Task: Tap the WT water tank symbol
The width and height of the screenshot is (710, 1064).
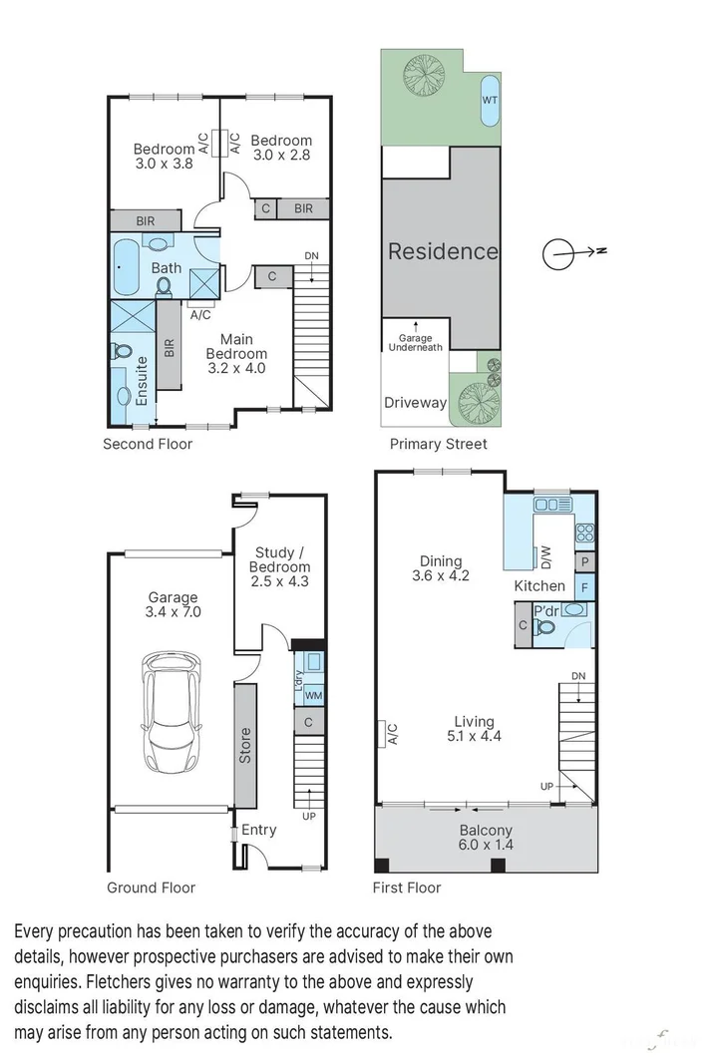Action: [x=490, y=101]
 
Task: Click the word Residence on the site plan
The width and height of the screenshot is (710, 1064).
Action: [x=443, y=251]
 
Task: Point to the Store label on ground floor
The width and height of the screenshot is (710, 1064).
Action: [x=245, y=746]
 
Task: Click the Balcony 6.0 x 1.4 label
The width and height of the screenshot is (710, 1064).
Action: [x=486, y=838]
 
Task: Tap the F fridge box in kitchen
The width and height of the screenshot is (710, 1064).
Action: [x=586, y=587]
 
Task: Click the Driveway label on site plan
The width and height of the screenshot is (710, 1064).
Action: [x=415, y=403]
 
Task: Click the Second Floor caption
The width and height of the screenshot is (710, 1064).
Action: [x=148, y=444]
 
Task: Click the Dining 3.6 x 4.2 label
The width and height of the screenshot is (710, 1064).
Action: [x=440, y=567]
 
